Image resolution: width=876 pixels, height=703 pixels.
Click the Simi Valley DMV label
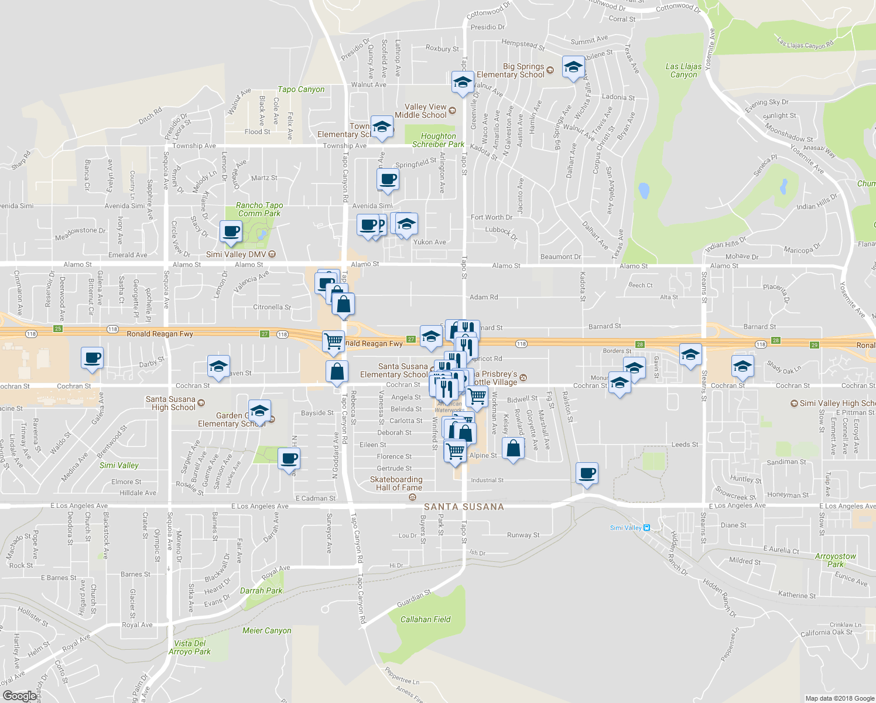pyautogui.click(x=236, y=254)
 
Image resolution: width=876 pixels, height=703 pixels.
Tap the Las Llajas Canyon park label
pyautogui.click(x=683, y=70)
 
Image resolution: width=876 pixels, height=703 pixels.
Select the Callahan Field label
pyautogui.click(x=425, y=619)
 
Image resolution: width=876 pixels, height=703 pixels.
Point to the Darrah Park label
pyautogui.click(x=261, y=591)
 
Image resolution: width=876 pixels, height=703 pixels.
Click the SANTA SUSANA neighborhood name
pyautogui.click(x=464, y=507)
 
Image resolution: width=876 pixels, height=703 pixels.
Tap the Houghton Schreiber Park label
pyautogui.click(x=438, y=140)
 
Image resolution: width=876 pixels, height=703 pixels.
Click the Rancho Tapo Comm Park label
pyautogui.click(x=259, y=209)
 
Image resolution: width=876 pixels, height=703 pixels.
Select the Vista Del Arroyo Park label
pyautogui.click(x=190, y=647)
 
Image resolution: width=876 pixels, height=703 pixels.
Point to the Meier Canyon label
pyautogui.click(x=266, y=630)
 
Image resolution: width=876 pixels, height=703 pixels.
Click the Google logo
pyautogui.click(x=19, y=696)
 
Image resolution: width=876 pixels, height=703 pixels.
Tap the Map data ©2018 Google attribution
pyautogui.click(x=840, y=698)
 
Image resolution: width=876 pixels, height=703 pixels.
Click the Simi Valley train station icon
pyautogui.click(x=646, y=528)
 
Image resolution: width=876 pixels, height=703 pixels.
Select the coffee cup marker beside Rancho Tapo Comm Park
pyautogui.click(x=231, y=231)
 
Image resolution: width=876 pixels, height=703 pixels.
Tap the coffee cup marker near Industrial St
pyautogui.click(x=587, y=473)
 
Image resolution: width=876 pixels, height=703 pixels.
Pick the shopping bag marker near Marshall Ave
pyautogui.click(x=513, y=449)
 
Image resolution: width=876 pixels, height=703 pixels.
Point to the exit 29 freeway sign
pyautogui.click(x=814, y=345)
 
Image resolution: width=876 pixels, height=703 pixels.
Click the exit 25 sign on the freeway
pyautogui.click(x=58, y=329)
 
